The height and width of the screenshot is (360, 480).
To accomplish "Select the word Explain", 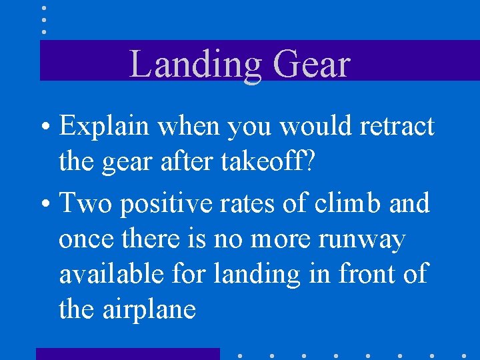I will [101, 127].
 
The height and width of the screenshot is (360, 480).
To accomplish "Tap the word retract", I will [396, 127].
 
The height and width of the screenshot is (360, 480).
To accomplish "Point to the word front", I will [363, 274].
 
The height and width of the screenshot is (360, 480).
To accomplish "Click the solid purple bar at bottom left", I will [127, 353].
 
